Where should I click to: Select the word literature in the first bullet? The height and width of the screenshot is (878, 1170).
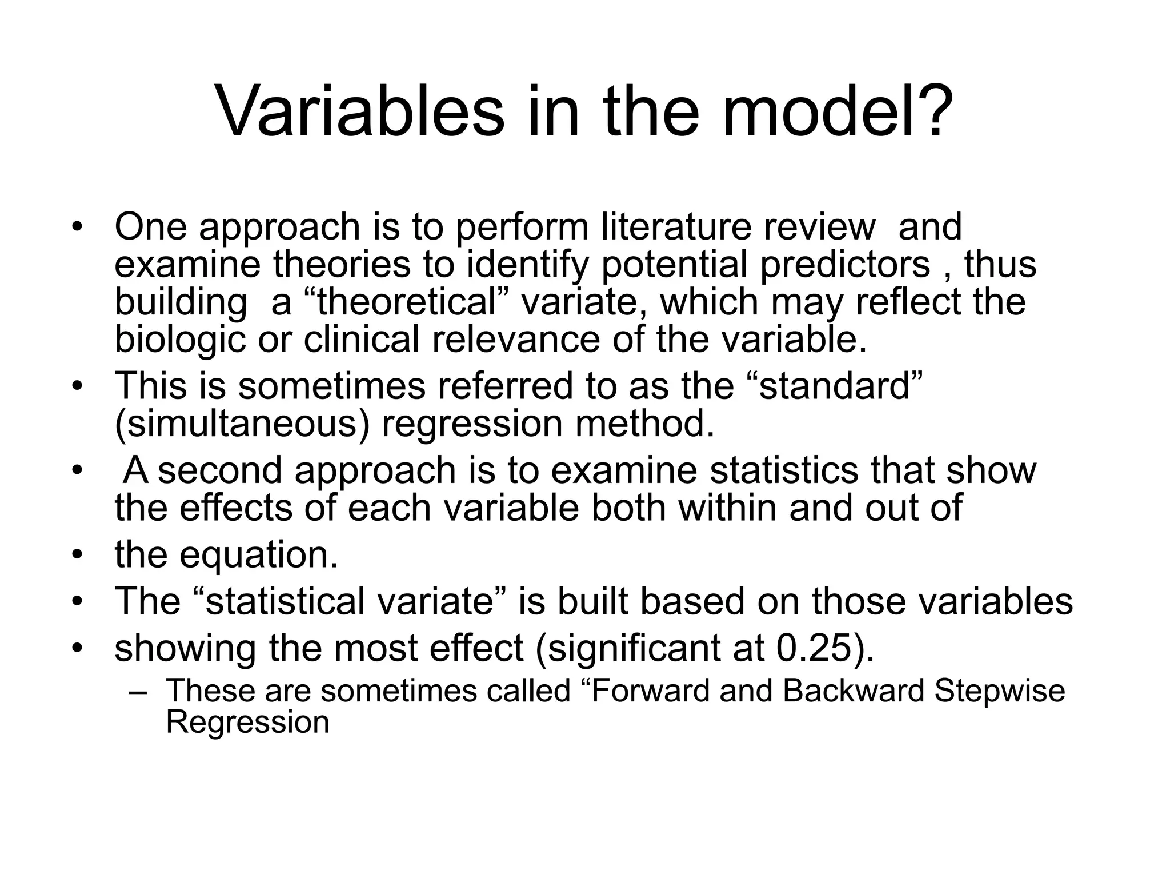pyautogui.click(x=674, y=227)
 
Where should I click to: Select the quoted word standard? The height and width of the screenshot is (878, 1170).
pyautogui.click(x=835, y=386)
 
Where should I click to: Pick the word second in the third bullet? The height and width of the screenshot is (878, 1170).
pyautogui.click(x=219, y=470)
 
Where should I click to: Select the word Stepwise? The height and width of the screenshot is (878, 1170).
pyautogui.click(x=999, y=691)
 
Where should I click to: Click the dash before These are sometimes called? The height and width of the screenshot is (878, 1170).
pyautogui.click(x=138, y=692)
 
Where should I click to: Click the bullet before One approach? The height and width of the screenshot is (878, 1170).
pyautogui.click(x=77, y=228)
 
